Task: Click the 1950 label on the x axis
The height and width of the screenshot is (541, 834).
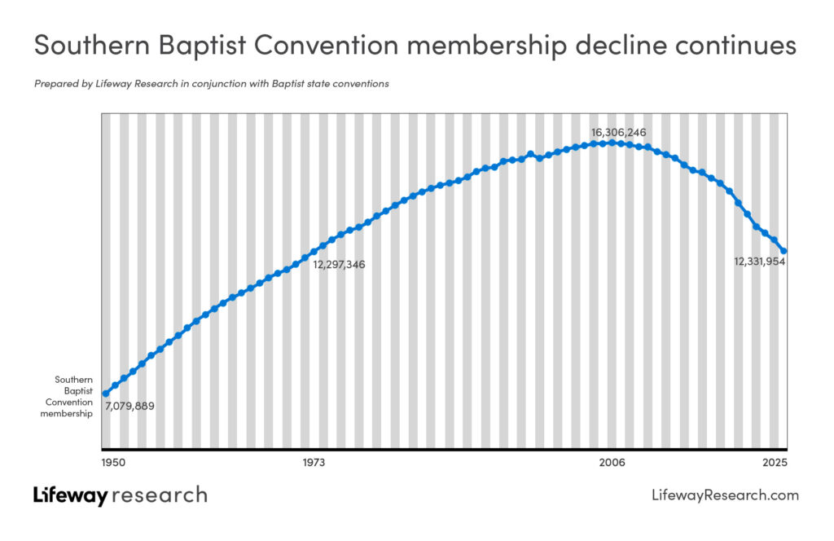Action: pos(113,462)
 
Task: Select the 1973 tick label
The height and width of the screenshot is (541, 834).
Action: pos(314,462)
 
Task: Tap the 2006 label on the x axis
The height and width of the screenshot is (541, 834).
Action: pos(612,462)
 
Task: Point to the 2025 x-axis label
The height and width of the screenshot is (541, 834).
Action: pos(775,462)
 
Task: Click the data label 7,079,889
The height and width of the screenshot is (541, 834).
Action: pos(129,407)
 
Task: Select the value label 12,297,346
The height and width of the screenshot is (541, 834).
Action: pos(339,264)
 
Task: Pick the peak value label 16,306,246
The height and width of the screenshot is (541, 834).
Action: pos(619,133)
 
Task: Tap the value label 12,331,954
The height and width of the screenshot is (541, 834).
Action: pos(760,262)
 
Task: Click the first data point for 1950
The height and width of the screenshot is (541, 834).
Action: pos(105,394)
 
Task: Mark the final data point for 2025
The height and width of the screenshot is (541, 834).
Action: pos(784,251)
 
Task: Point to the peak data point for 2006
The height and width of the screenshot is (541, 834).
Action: pos(612,143)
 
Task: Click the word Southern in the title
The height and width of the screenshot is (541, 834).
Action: pos(92,45)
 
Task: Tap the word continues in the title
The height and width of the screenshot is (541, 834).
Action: pos(736,45)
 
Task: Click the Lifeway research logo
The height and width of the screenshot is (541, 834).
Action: pos(121,495)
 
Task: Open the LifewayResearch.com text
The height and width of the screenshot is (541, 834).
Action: pos(725,495)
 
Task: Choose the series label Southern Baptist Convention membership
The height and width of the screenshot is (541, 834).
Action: pos(67,396)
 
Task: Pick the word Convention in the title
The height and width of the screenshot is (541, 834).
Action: pos(326,45)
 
